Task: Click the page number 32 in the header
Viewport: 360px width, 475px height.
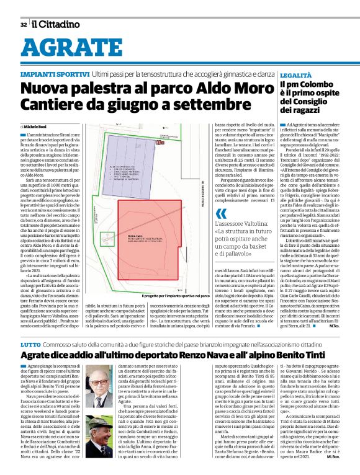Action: [23, 25]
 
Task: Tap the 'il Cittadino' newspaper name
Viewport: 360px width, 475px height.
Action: [56, 24]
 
